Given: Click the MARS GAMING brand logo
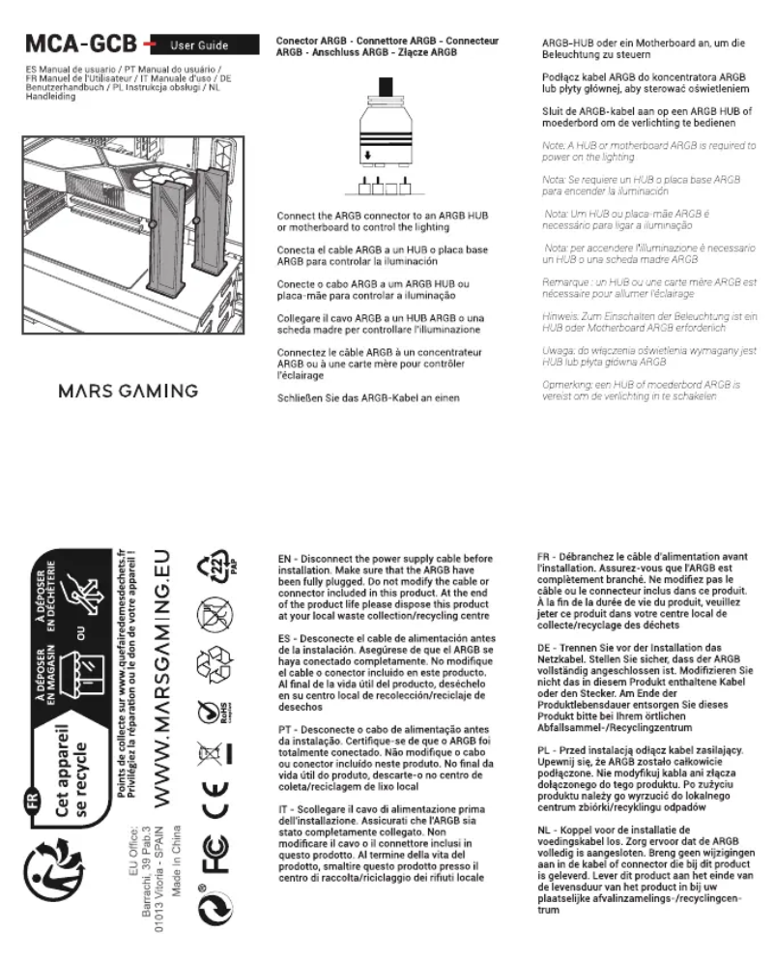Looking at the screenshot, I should pos(129,392).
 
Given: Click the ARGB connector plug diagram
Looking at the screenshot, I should pos(387,135).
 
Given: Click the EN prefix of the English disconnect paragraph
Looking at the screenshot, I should pos(285,558).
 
